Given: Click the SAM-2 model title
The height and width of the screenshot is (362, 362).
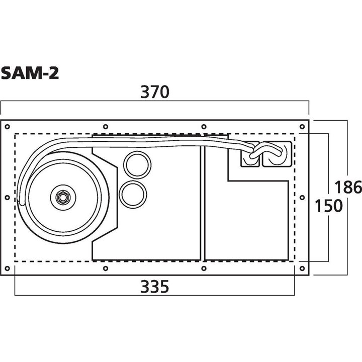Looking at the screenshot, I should (30, 73).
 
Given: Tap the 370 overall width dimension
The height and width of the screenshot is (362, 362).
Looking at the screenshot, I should (155, 93).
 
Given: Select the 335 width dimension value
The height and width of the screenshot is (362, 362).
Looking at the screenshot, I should (154, 287).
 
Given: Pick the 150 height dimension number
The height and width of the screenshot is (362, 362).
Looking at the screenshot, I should (327, 206).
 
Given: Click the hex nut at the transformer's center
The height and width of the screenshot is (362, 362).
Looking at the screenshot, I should (63, 196).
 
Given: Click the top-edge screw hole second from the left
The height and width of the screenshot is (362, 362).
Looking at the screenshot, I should (105, 126).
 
